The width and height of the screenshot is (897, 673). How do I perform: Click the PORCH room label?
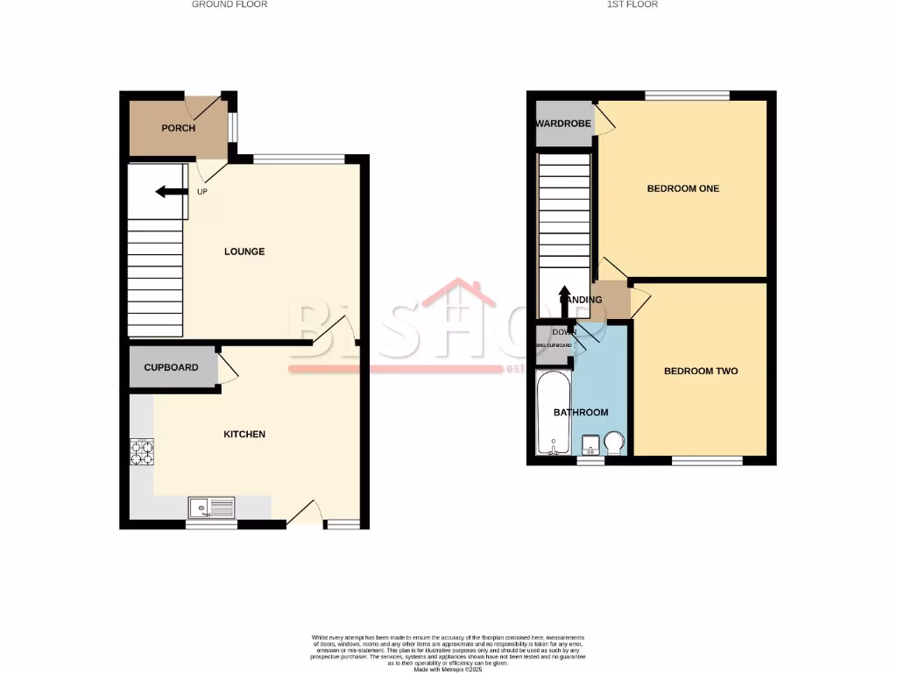point(178,128)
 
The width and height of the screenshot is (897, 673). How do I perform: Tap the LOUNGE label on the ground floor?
point(244,251)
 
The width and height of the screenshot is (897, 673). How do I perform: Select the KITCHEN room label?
point(244,434)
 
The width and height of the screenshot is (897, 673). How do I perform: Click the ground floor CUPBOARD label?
point(171,367)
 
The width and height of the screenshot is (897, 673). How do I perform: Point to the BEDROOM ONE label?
point(682,188)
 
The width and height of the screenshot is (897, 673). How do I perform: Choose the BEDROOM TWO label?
point(701,371)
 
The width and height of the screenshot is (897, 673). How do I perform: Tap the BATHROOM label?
point(580,412)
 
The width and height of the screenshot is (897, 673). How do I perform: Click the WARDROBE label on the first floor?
point(563,124)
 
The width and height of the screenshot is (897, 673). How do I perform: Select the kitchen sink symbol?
point(212,507)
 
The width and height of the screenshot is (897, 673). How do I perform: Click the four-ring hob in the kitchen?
point(141,451)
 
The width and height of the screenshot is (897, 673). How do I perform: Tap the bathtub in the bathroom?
point(553,414)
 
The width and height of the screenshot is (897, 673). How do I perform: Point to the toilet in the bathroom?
point(614,443)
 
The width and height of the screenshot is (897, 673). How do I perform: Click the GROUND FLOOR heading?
point(230,4)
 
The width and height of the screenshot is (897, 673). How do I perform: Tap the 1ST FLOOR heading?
point(632,4)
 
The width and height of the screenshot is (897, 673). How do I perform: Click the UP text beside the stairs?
point(202,192)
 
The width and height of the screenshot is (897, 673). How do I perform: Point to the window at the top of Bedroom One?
point(688,95)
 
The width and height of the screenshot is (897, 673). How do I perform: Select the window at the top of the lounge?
point(299,159)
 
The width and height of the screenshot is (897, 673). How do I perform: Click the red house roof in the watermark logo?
point(459,294)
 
